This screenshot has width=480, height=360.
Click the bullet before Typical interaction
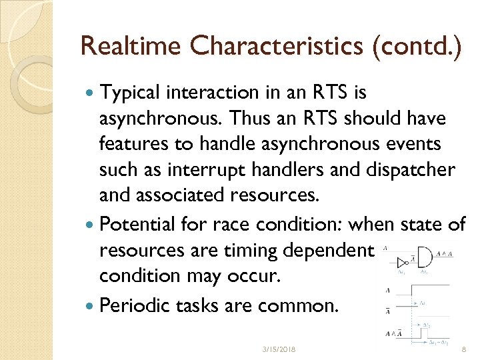(91, 92)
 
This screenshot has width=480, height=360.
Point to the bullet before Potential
(91, 225)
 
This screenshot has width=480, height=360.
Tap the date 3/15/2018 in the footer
(279, 349)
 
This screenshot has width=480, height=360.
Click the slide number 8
(464, 349)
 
